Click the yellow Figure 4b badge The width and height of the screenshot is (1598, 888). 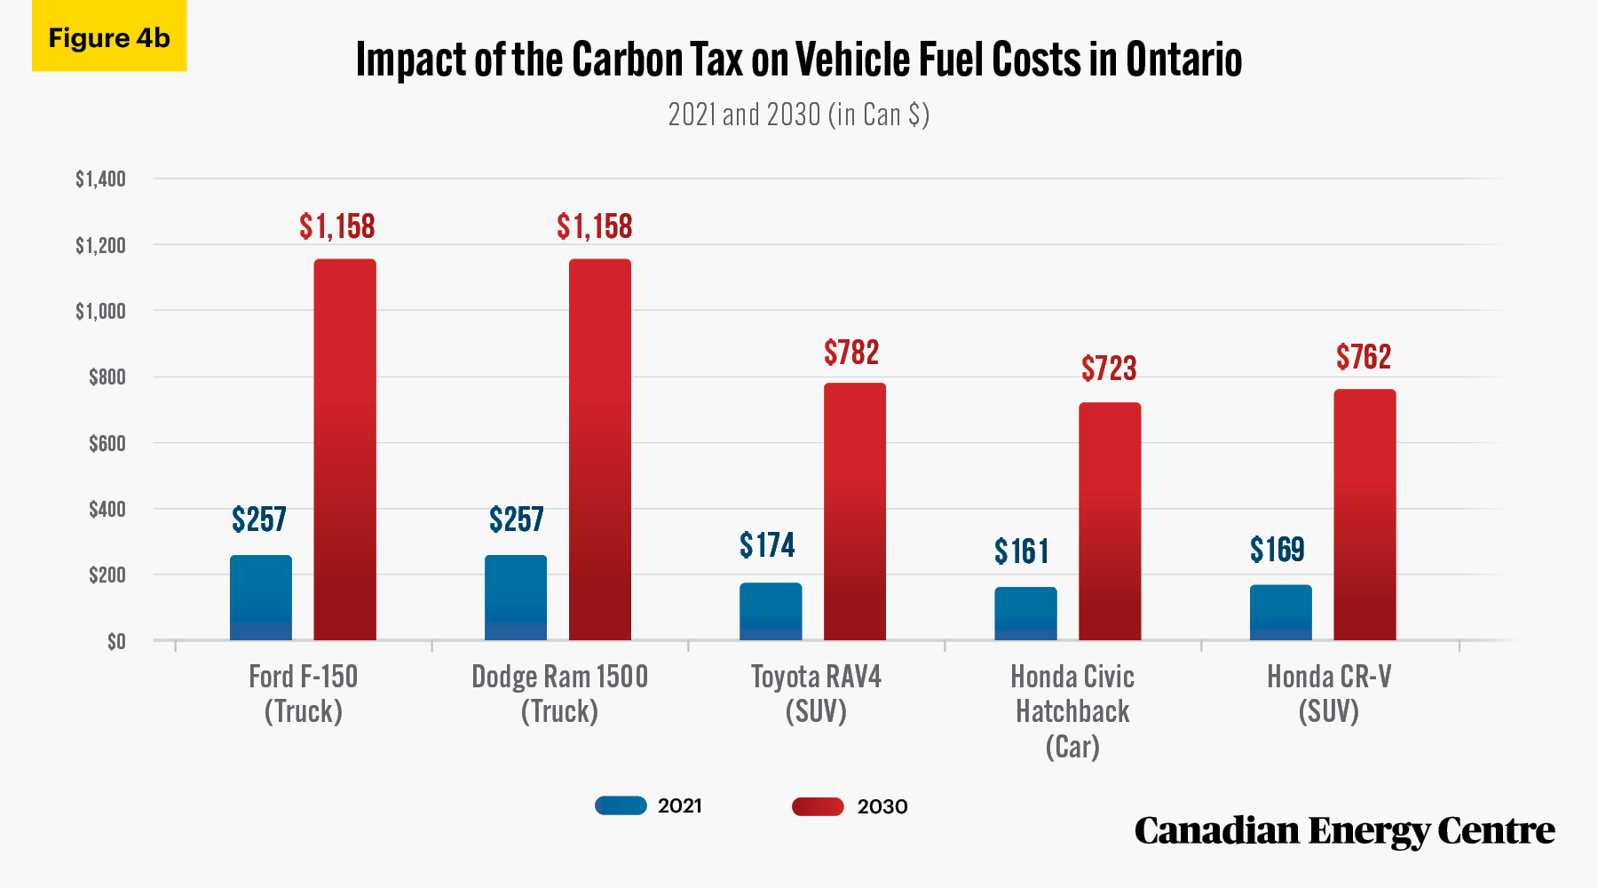click(x=109, y=36)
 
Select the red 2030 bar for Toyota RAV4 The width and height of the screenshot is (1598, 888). click(x=855, y=511)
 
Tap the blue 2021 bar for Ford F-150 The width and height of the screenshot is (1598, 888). click(x=261, y=598)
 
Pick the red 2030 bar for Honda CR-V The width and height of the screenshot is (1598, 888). click(x=1365, y=515)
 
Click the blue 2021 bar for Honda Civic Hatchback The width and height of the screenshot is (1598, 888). click(x=1025, y=614)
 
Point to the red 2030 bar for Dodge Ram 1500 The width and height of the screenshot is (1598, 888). click(x=600, y=449)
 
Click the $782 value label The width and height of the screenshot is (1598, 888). click(x=851, y=353)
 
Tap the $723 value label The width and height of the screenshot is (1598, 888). click(x=1109, y=369)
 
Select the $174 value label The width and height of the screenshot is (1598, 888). click(x=767, y=545)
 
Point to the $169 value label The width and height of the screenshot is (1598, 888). click(x=1277, y=551)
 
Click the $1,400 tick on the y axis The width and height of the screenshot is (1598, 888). click(x=100, y=179)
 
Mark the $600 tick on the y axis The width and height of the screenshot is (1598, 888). click(x=107, y=443)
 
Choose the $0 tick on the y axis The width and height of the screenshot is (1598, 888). click(x=116, y=641)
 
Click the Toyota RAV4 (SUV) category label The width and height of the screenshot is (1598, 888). click(x=816, y=694)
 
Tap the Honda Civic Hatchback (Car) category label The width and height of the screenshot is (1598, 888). click(x=1072, y=711)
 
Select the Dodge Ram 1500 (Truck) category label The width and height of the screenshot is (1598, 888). click(x=559, y=694)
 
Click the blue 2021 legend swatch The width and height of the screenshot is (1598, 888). click(x=621, y=805)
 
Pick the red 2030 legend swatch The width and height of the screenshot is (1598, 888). click(x=818, y=806)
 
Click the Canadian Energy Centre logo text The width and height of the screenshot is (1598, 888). click(x=1344, y=831)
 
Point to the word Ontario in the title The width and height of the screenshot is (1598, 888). click(x=1183, y=59)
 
